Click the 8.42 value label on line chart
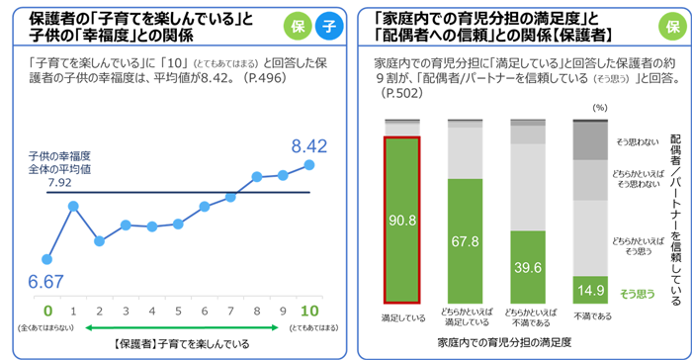point(302,147)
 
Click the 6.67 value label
point(46,281)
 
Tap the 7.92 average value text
point(59,183)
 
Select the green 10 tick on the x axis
point(309,310)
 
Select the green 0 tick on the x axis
point(47,310)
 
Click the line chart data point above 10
point(309,164)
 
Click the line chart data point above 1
point(73,206)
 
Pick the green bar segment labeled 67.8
point(466,240)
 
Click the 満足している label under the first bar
point(402,317)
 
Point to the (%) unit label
point(597,107)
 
